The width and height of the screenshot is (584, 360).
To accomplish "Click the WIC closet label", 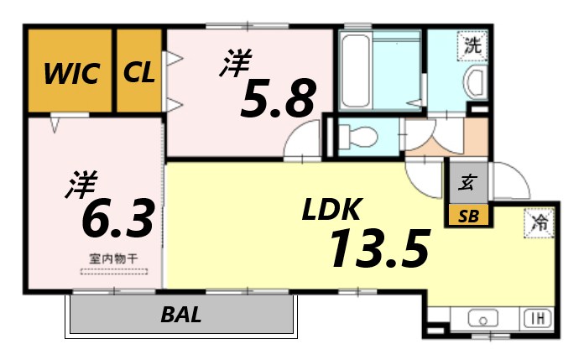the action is click(x=71, y=73).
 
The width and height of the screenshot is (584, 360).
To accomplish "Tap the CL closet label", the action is click(x=138, y=72).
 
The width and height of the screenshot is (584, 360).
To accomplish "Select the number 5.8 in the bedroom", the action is click(x=278, y=98).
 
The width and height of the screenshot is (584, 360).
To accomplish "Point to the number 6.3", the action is click(x=117, y=218).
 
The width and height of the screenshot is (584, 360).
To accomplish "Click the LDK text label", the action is click(x=331, y=209).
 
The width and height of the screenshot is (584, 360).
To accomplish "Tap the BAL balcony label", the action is click(x=181, y=315).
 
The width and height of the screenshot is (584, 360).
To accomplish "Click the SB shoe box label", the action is click(x=468, y=217).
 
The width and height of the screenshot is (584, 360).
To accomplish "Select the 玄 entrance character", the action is click(x=468, y=183).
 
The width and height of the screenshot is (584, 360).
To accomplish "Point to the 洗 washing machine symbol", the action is click(x=472, y=45).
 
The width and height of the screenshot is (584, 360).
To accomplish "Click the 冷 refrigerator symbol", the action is click(x=540, y=223).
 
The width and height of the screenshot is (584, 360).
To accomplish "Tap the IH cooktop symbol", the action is click(x=539, y=319).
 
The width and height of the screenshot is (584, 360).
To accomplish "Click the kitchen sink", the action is click(x=483, y=319).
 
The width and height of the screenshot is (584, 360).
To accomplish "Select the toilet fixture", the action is click(x=357, y=137).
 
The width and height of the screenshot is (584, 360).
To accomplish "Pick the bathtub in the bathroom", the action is click(x=356, y=70).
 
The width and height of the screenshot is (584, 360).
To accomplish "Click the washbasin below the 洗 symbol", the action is click(x=476, y=83).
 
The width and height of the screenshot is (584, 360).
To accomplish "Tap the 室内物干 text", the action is click(x=113, y=258).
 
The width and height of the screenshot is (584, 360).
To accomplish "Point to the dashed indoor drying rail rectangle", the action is click(x=114, y=272).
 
